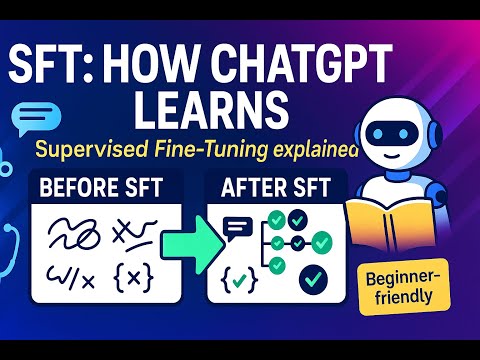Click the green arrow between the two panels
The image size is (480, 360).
[189, 241]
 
